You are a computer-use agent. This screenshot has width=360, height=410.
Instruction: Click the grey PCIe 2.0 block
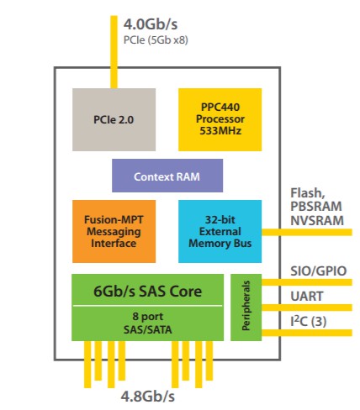114,119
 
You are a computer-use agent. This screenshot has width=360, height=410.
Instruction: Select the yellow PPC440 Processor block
220,119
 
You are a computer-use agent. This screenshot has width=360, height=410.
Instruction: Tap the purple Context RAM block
167,176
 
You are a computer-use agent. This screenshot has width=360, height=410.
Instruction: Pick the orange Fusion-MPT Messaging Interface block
114,231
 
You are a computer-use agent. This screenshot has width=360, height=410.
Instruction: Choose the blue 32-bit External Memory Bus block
220,231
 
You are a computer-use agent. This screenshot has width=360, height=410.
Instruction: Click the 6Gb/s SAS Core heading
147,292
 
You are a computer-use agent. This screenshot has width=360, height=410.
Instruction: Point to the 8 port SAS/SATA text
148,323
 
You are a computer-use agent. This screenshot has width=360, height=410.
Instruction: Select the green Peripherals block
246,307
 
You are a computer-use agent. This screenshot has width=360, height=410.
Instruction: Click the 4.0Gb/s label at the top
151,24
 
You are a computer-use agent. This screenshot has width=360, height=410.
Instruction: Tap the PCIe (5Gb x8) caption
156,40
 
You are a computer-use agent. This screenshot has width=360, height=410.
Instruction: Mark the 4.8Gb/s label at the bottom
148,397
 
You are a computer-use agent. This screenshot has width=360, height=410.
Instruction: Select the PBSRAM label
316,207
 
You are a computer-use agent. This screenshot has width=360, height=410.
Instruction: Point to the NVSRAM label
317,220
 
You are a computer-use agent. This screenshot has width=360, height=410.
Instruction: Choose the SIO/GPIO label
319,271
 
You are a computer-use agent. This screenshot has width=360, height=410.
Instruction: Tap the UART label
307,296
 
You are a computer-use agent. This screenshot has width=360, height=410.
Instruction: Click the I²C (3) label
309,321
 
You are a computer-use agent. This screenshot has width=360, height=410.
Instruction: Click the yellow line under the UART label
307,307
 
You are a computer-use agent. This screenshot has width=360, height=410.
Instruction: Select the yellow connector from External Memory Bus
307,232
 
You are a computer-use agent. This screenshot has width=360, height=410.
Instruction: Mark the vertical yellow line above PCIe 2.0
114,52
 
